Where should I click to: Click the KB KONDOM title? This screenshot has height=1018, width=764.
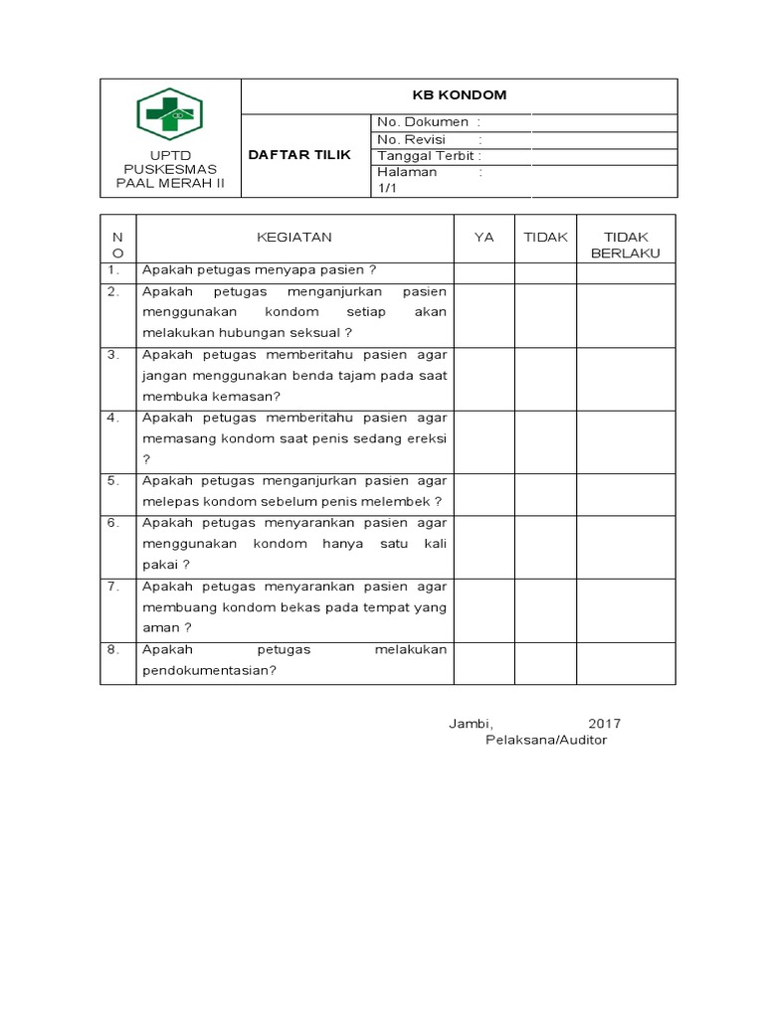click(460, 95)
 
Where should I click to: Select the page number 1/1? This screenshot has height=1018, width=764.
click(386, 189)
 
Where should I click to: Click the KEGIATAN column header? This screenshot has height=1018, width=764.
click(294, 238)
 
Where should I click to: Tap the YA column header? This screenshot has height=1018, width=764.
click(483, 238)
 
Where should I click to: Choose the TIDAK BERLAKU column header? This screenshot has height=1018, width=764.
click(626, 246)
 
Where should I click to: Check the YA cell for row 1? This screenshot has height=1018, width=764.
click(483, 271)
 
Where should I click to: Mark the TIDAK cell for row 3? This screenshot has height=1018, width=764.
click(545, 378)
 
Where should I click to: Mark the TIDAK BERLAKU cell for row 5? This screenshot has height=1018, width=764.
click(626, 494)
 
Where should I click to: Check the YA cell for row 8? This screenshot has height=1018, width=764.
click(483, 661)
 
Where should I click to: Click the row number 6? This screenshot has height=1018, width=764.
click(114, 523)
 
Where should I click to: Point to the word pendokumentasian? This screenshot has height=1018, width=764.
click(208, 670)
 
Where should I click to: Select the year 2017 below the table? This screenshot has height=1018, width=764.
click(604, 723)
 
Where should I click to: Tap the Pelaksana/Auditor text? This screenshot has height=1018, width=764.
click(545, 741)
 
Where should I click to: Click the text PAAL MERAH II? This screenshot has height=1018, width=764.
click(168, 185)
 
